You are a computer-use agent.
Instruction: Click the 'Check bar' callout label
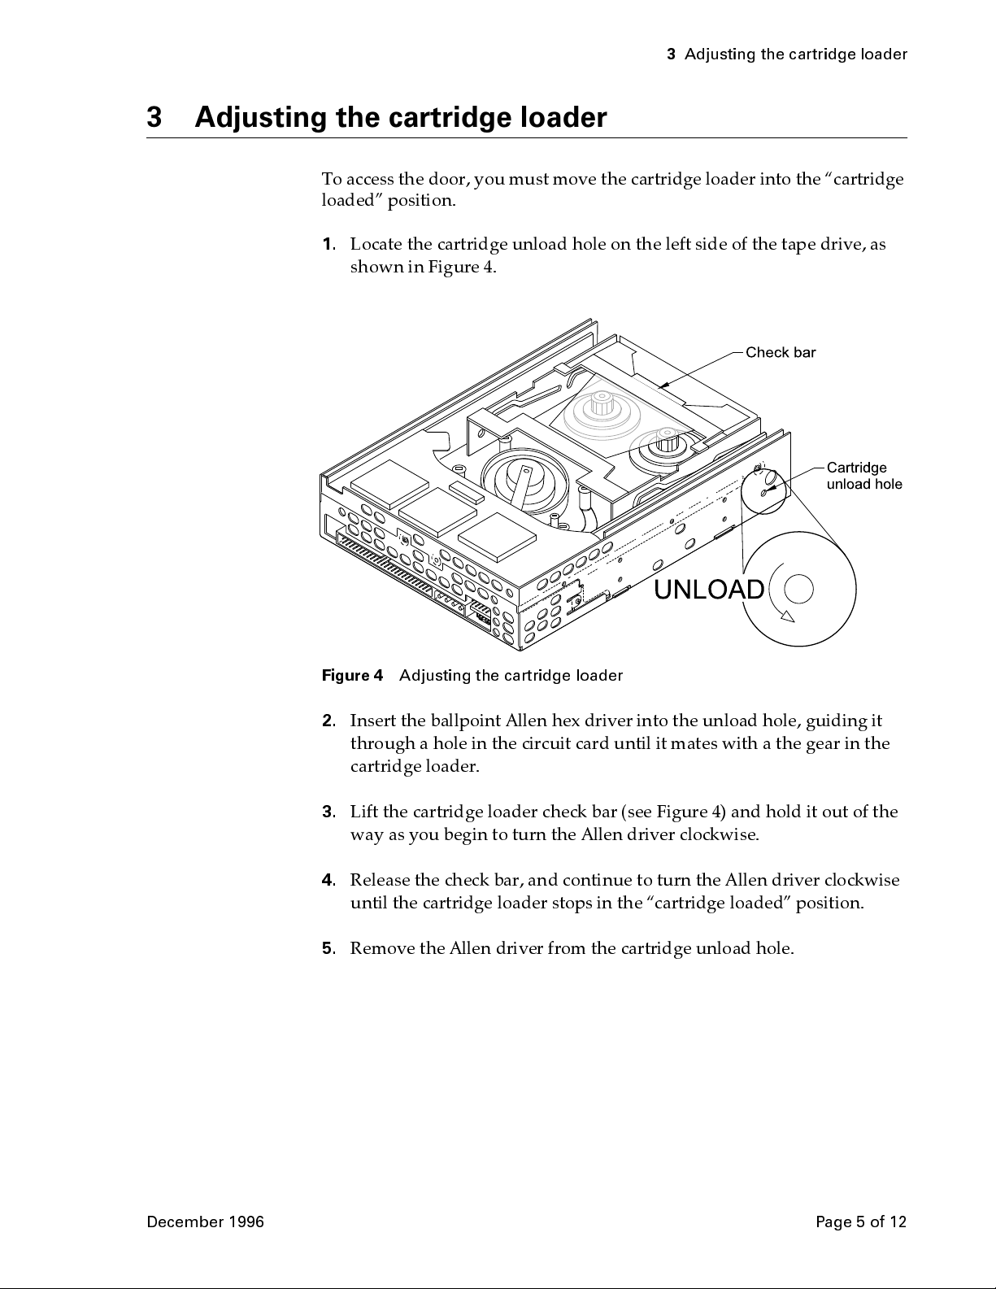point(780,352)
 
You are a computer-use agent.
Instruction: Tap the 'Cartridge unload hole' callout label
point(863,476)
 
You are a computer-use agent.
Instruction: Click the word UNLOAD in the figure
point(709,590)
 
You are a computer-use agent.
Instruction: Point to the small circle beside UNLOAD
point(799,590)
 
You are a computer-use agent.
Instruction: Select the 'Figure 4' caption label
point(352,676)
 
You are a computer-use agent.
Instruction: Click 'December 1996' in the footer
point(205,1222)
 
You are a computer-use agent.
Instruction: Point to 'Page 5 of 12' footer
point(860,1222)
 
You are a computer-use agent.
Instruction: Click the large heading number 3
point(155,119)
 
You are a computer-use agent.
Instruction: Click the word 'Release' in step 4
point(380,881)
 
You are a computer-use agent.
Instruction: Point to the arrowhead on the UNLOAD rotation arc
point(787,616)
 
